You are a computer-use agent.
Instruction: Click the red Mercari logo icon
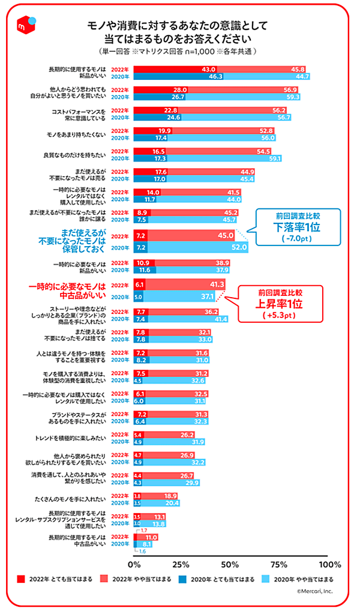pos(25,24)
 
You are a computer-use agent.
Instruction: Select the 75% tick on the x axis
pos(278,564)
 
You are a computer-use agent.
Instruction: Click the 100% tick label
pos(329,564)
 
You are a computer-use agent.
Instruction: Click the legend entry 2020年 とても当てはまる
pos(225,580)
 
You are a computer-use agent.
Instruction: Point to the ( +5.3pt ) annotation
pos(278,315)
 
